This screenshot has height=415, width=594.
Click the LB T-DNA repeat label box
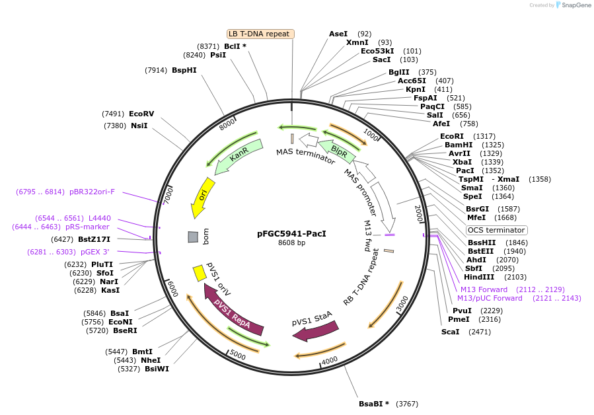coord(260,34)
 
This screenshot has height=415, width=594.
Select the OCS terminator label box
coord(497,230)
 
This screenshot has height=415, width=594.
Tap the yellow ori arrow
coord(203,197)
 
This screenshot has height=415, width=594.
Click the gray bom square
coord(193,237)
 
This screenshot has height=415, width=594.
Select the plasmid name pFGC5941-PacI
coord(291,233)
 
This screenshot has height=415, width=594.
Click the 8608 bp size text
coord(291,243)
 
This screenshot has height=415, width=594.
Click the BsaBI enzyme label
coord(373,404)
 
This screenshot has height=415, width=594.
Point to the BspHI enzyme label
coord(184,70)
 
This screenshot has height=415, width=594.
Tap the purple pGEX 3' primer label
coord(95,252)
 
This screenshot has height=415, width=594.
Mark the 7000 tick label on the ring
coord(168,194)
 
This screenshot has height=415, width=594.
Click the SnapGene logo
coord(572,5)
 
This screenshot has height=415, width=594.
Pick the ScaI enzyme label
coord(450,332)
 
